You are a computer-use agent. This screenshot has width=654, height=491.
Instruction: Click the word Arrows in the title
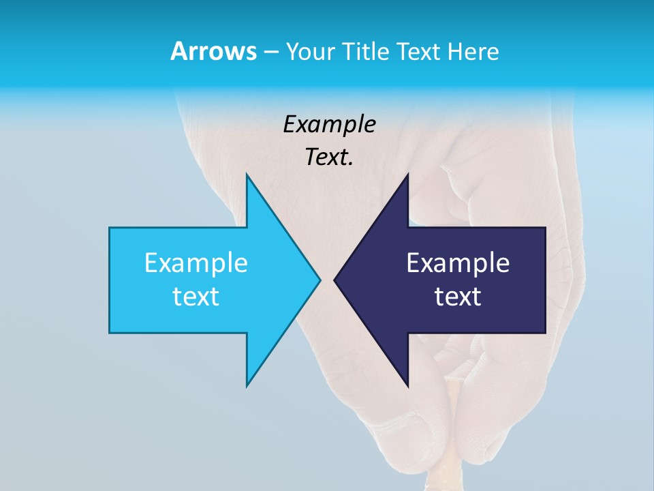point(213,51)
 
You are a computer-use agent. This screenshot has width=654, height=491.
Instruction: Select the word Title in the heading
point(365,51)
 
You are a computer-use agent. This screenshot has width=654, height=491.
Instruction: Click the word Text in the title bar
point(420,51)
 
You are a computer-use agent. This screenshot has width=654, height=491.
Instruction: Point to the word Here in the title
point(474,51)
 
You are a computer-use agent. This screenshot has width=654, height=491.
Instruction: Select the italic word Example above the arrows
point(329,124)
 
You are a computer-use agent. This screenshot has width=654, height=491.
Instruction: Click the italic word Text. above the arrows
point(329,157)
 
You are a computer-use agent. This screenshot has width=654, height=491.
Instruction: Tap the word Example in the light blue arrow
point(196,263)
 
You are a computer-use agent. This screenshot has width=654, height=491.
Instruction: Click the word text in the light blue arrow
point(196,296)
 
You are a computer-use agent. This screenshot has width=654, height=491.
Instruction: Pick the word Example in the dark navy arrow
point(458,263)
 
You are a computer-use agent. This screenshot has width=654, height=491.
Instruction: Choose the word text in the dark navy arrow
point(458,296)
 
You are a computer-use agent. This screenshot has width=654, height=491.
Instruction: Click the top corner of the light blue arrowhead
point(247,175)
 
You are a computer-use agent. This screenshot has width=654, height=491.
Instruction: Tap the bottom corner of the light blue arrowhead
point(247,385)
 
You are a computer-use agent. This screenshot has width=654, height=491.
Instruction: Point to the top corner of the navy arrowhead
point(407,175)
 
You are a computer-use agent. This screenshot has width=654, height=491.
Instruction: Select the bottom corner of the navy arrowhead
point(407,385)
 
